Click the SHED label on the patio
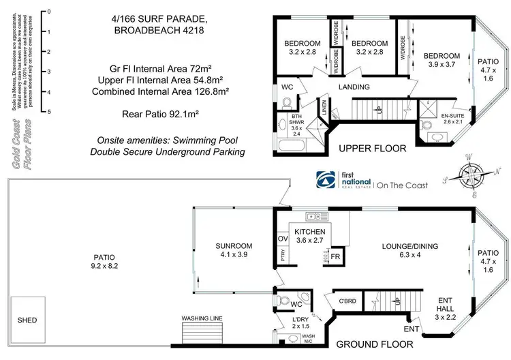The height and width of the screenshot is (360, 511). point(27,320)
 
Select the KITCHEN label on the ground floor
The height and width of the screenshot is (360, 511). point(310,232)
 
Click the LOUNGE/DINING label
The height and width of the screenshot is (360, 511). point(410,246)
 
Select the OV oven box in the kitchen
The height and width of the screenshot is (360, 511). point(283,239)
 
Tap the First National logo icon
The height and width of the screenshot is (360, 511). point(326,180)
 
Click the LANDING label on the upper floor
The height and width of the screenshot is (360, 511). point(354,87)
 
